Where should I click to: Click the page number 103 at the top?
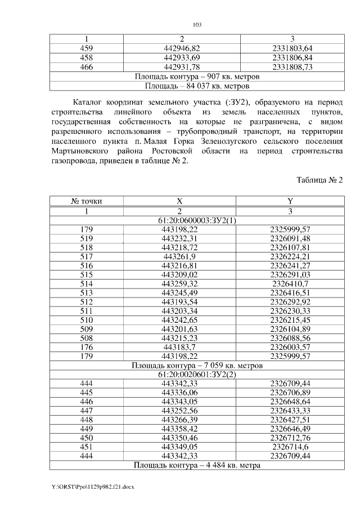pyautogui.click(x=197, y=24)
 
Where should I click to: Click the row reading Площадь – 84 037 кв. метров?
pyautogui.click(x=197, y=87)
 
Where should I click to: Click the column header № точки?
pyautogui.click(x=87, y=201)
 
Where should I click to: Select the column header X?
pyautogui.click(x=179, y=201)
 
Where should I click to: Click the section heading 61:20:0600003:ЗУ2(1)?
pyautogui.click(x=197, y=220)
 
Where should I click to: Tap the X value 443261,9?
pyautogui.click(x=179, y=256)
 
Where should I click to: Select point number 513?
pyautogui.click(x=87, y=293)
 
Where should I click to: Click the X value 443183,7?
pyautogui.click(x=179, y=348)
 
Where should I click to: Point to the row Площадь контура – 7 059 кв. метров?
pyautogui.click(x=197, y=366)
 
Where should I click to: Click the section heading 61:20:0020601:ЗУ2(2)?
pyautogui.click(x=197, y=375)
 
